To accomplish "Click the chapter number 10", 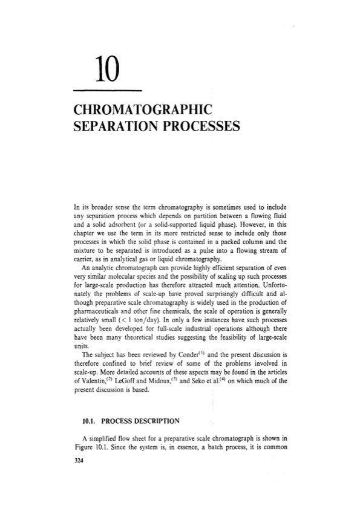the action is (x=106, y=73).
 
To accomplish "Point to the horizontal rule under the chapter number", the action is (x=106, y=91).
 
